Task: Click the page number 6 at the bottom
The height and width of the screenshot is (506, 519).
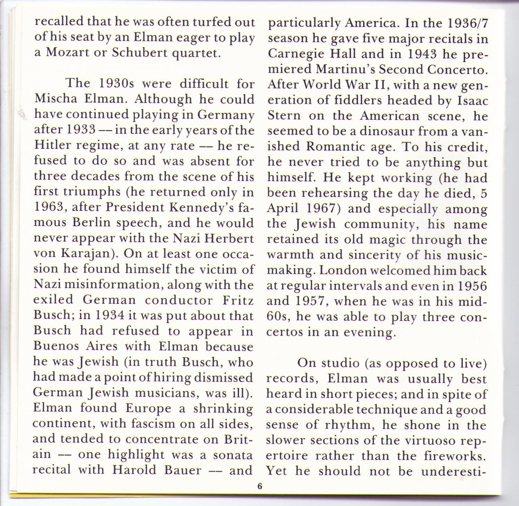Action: [x=260, y=486]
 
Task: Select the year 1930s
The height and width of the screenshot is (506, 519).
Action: [x=117, y=83]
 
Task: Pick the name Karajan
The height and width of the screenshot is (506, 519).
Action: [x=91, y=254]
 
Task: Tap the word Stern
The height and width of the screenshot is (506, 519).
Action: [x=284, y=115]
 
